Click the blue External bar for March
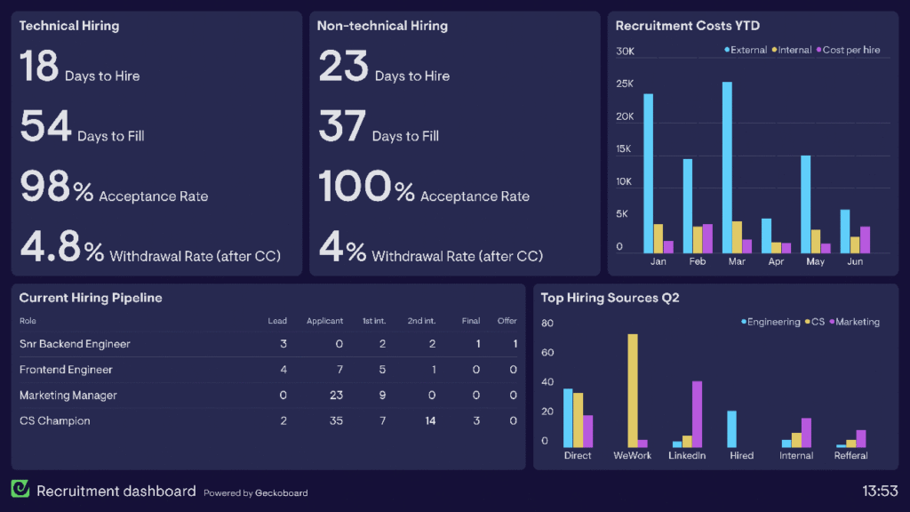(x=727, y=167)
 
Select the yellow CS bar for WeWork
(x=633, y=391)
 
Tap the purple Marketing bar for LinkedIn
(x=697, y=414)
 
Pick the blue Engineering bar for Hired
(x=732, y=429)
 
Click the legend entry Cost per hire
(x=848, y=50)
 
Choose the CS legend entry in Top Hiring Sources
(x=815, y=322)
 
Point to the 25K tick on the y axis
(x=625, y=84)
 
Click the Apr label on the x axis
(x=776, y=261)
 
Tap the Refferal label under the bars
(x=850, y=455)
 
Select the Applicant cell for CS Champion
(x=336, y=420)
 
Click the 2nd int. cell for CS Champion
(x=430, y=420)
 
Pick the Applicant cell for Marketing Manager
(x=336, y=395)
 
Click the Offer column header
(x=507, y=320)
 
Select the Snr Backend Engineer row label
(x=75, y=344)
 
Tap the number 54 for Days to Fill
(x=45, y=126)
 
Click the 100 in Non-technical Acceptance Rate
(x=355, y=187)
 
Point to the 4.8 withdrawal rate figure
(x=50, y=246)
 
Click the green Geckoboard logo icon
(x=20, y=489)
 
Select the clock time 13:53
(x=880, y=491)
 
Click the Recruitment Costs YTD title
(x=687, y=26)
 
